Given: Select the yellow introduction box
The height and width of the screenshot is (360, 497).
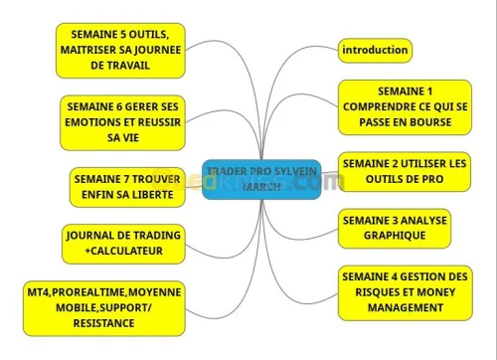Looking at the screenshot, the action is click(375, 50).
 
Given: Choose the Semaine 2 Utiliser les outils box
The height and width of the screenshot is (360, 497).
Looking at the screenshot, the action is click(404, 172).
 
